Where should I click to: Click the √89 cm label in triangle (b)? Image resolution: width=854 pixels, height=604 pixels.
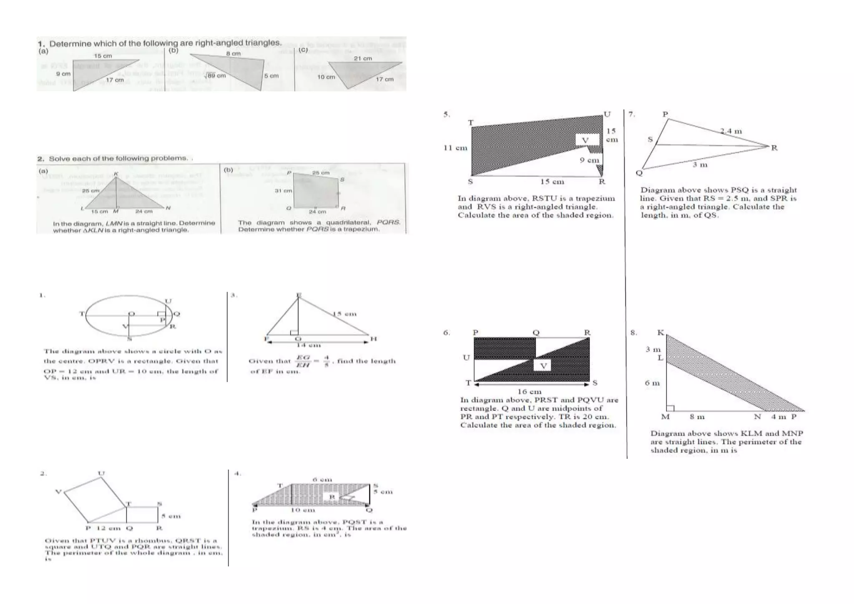(215, 75)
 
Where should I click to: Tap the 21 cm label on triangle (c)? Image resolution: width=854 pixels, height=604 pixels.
(362, 58)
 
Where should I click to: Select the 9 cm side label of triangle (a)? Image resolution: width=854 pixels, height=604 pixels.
(63, 74)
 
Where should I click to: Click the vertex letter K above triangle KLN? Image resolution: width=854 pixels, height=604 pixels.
(116, 174)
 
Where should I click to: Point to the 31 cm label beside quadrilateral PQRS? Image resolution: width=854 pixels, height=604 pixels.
(283, 191)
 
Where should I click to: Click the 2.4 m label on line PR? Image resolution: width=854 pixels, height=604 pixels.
(731, 131)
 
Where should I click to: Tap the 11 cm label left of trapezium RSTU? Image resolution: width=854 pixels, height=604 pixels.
(455, 148)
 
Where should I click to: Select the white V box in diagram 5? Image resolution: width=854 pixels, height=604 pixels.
(586, 140)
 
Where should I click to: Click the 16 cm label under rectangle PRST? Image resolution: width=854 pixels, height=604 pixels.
(529, 392)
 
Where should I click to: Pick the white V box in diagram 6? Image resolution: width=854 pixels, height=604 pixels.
(543, 366)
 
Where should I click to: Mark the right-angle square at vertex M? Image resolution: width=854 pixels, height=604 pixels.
(670, 408)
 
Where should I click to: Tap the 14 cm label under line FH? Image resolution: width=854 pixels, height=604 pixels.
(308, 345)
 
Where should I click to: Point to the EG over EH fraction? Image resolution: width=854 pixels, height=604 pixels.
(303, 361)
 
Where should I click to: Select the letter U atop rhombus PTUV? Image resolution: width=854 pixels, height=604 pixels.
(101, 473)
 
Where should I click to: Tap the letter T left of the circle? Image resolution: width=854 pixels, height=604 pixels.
(82, 314)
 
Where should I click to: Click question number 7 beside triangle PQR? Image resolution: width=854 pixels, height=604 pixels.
(632, 114)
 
